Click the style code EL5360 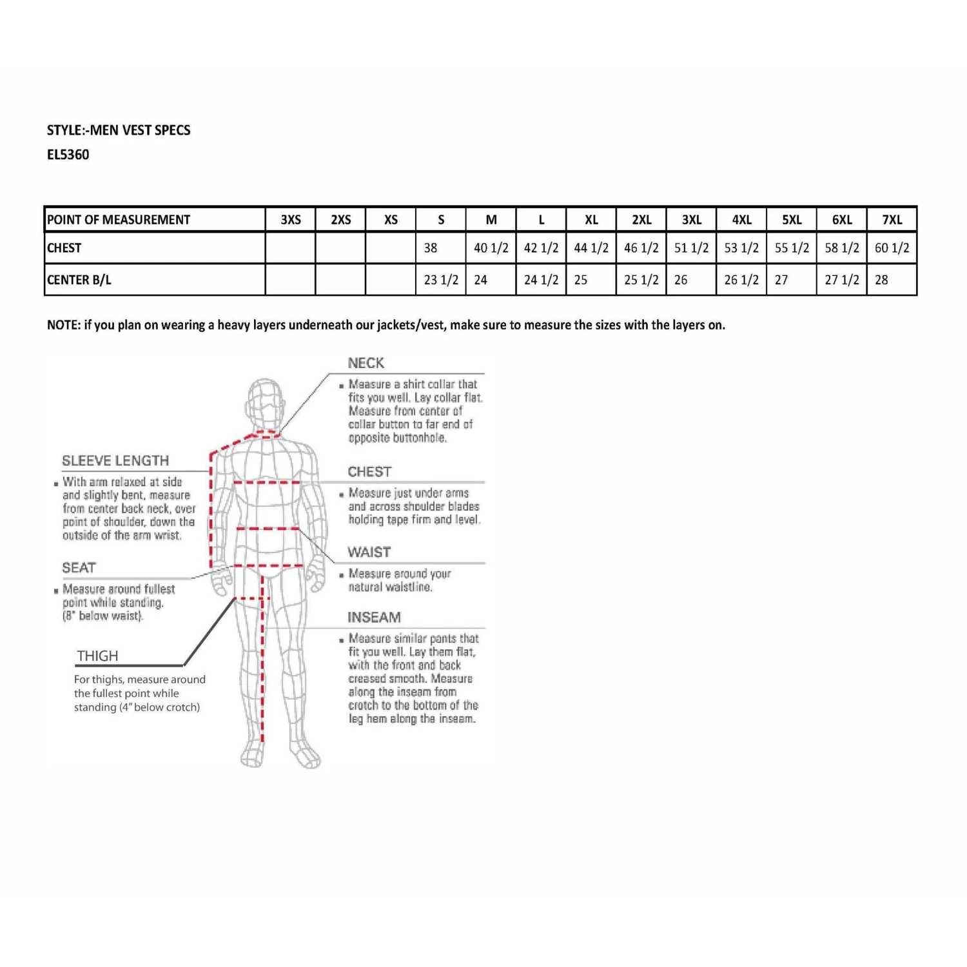coord(68,155)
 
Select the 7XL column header coord(892,220)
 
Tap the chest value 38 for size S coord(431,248)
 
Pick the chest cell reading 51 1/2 coord(691,248)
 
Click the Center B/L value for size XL coord(581,280)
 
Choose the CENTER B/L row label coord(79,280)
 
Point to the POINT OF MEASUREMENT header coord(119,220)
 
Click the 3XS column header coord(291,220)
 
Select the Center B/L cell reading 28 coord(881,280)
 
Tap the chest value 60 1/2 coord(892,248)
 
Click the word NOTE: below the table coord(63,325)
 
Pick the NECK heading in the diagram coord(366,363)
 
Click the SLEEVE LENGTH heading coord(115,461)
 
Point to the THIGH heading coord(97,656)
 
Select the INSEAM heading coord(374,618)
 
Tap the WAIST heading coord(369,552)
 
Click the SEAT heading coord(79,568)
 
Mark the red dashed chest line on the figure coord(266,482)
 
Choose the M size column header coord(491,220)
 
